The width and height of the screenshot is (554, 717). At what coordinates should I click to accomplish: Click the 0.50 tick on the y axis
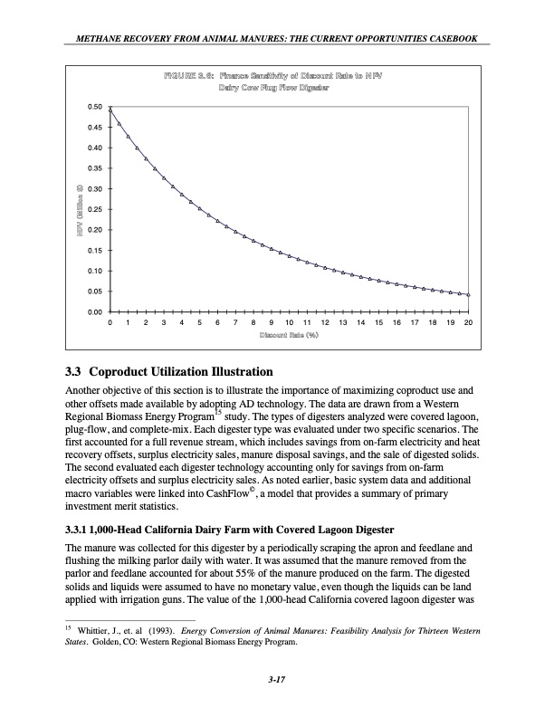click(x=94, y=107)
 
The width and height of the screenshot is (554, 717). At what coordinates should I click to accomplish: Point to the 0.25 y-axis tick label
click(x=94, y=209)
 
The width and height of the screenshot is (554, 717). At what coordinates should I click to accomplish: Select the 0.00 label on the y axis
click(x=94, y=312)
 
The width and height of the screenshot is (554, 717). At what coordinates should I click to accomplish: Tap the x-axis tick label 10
click(x=289, y=322)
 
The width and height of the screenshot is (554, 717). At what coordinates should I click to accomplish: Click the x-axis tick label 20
click(x=468, y=322)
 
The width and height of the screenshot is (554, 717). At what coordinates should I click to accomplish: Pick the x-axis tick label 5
click(x=199, y=322)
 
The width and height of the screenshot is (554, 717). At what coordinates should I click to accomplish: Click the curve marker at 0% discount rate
click(x=110, y=110)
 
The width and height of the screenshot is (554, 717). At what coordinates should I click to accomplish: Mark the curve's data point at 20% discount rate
click(x=468, y=294)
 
